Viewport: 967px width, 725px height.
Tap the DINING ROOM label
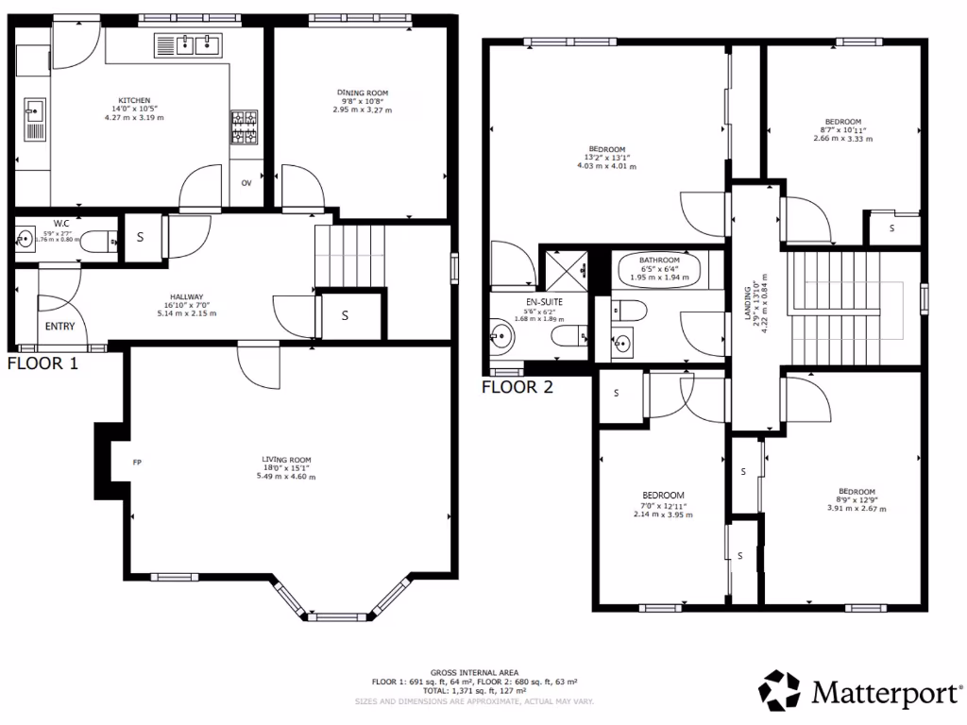point(363,93)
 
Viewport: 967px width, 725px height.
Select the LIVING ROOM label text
point(288,460)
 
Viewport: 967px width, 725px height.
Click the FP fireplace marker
point(137,463)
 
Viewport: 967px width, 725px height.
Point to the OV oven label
point(246,182)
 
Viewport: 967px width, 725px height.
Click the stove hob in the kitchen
point(245,128)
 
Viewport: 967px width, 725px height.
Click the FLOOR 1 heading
point(43,362)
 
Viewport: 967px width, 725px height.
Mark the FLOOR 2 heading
point(517,386)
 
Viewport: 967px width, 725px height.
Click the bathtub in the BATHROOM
point(658,272)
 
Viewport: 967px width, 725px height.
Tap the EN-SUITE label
point(544,302)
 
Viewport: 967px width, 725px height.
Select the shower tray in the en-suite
point(563,270)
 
